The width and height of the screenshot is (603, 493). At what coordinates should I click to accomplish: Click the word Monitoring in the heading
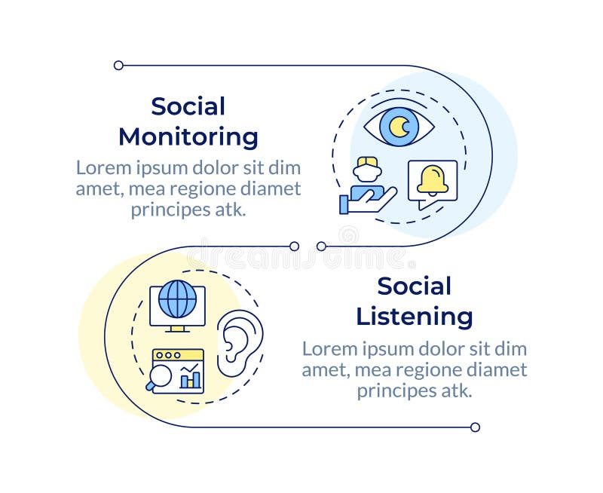click(188, 138)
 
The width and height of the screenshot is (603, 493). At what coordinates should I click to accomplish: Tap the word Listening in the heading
click(414, 317)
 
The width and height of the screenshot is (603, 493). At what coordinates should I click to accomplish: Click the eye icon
click(399, 127)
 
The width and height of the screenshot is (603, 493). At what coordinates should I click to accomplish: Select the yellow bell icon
click(433, 179)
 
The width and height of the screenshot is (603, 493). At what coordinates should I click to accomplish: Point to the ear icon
click(240, 343)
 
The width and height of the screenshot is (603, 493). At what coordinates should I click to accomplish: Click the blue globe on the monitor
click(177, 299)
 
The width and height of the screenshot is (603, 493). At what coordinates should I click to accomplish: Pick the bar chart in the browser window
click(191, 376)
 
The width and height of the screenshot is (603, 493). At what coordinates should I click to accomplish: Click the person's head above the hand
click(367, 168)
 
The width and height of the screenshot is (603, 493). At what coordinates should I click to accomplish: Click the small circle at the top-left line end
click(118, 66)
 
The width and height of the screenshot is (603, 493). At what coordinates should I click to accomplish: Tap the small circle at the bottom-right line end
click(476, 427)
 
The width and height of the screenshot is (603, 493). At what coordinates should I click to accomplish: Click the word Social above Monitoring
click(188, 106)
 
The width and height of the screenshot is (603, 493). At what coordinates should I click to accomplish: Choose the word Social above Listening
click(414, 286)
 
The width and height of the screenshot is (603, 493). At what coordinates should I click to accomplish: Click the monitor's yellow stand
click(177, 329)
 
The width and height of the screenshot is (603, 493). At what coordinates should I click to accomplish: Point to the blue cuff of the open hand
click(344, 204)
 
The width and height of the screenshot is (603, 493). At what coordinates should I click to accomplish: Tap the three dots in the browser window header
click(168, 355)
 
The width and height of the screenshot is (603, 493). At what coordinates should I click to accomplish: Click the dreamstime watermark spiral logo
click(348, 235)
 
